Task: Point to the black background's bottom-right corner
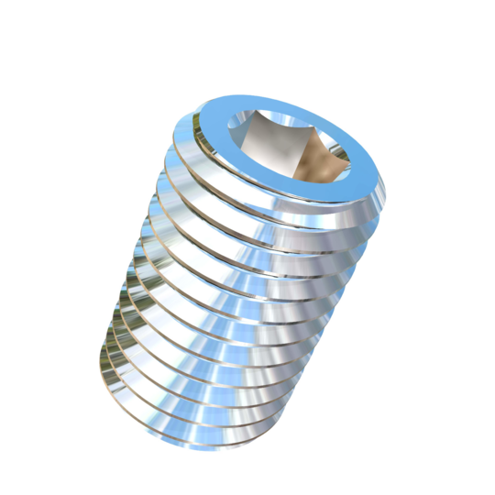pos(490,490)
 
